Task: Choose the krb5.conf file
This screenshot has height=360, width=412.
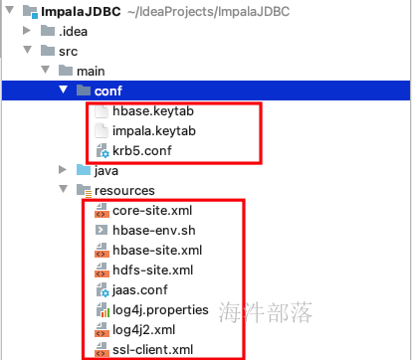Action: point(146,151)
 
